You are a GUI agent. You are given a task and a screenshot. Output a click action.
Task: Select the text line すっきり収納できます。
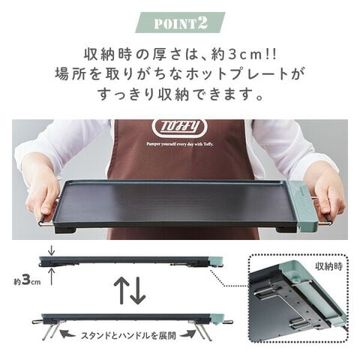click(180, 95)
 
